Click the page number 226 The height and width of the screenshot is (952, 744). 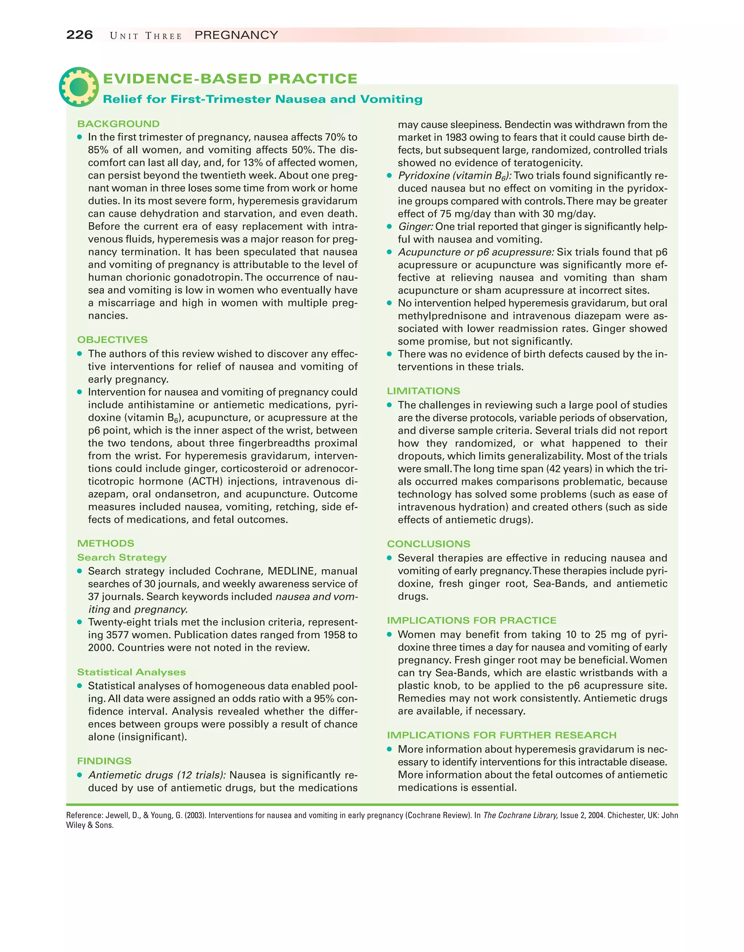79,35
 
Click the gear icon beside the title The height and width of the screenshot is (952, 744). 79,87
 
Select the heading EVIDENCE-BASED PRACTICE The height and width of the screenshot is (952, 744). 230,78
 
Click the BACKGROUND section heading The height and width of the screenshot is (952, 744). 118,124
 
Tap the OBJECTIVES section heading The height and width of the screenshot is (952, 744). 112,339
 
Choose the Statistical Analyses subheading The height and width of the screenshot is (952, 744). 131,672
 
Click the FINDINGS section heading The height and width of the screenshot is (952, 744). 104,761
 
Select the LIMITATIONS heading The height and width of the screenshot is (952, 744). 423,391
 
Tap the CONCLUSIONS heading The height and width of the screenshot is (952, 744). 428,544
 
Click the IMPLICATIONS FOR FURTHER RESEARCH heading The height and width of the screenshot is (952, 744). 502,735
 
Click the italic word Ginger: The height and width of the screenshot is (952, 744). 415,227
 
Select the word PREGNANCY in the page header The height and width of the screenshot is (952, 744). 236,35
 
